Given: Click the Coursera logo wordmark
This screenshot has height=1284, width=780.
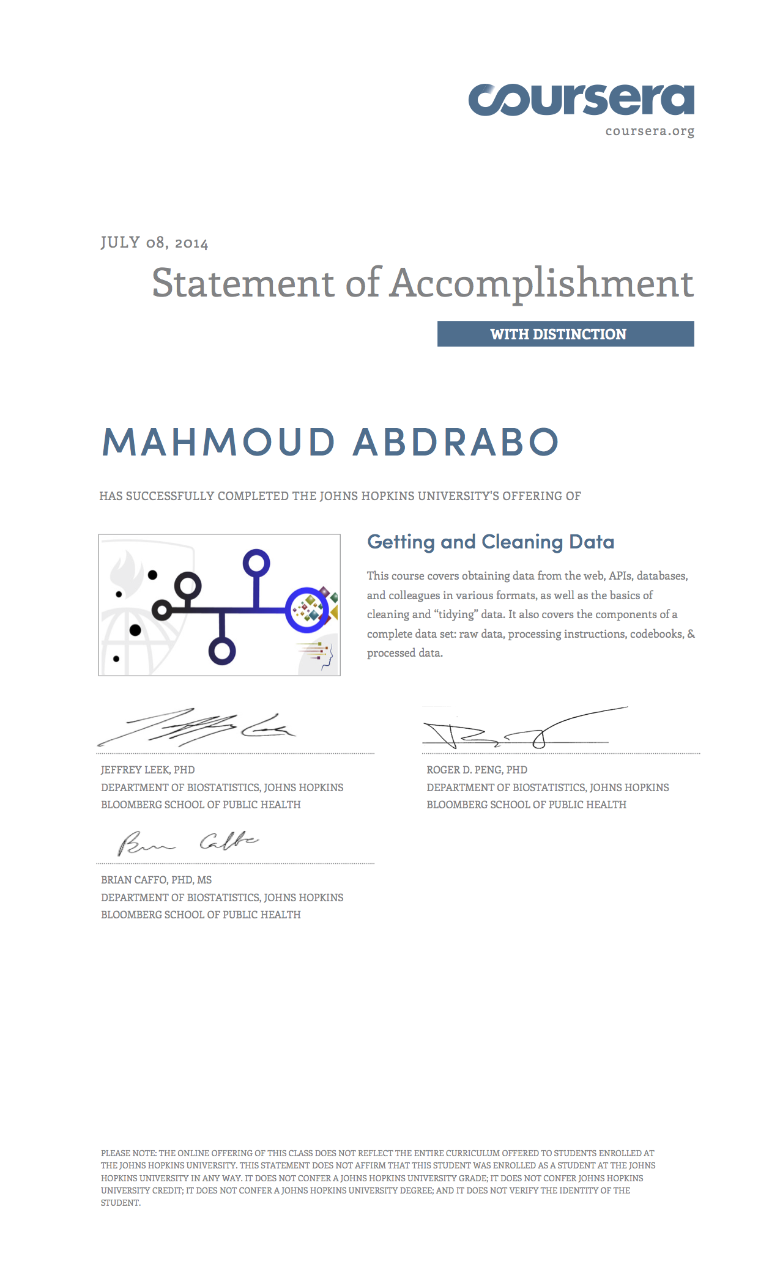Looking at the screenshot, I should tap(581, 100).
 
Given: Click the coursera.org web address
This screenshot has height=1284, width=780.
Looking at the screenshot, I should tap(650, 131).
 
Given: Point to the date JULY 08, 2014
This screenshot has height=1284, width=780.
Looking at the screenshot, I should tap(154, 243).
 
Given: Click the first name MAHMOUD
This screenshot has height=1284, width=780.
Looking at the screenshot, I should tap(218, 442).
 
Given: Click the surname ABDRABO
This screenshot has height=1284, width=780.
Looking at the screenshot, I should tap(456, 442).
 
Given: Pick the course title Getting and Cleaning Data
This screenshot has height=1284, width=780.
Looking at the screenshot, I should tap(490, 542).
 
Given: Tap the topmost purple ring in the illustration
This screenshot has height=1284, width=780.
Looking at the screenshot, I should tap(256, 563).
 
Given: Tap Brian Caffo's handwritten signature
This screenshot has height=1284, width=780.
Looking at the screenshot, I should tap(187, 843).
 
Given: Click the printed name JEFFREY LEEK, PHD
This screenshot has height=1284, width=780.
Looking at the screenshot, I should tap(148, 770).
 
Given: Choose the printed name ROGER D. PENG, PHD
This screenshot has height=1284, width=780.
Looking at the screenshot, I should tap(477, 770).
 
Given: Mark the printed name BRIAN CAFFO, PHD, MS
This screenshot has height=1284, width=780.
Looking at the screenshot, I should tap(157, 880).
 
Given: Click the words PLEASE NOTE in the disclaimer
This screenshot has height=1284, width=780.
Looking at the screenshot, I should tap(128, 1153).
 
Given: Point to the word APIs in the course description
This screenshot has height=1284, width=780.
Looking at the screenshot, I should tap(620, 576).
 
